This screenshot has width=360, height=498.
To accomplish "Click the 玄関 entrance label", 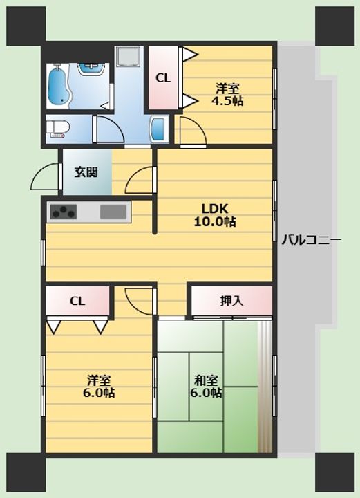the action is tap(86, 172).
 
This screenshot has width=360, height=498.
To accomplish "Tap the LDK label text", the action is tap(215, 209).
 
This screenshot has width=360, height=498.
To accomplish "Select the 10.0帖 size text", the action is tap(215, 222).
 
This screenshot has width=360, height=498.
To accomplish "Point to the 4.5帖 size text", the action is tap(227, 101).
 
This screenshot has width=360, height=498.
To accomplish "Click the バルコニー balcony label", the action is tap(312, 240).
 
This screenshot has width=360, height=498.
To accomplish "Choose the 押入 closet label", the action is tap(231, 301).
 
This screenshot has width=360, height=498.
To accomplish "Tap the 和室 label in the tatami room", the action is tap(206, 380).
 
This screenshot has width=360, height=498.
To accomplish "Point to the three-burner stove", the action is tap(64, 212).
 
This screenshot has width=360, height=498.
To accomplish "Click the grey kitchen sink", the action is tap(113, 212).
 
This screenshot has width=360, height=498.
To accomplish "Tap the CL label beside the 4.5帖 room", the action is tap(163, 78).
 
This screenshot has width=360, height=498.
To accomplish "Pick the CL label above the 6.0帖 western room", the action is tap(77, 301).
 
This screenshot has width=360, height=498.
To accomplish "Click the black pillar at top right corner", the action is tap(334, 26).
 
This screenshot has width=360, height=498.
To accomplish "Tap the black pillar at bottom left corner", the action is tap(26, 472).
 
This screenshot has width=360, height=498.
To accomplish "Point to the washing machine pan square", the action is tap(128, 57).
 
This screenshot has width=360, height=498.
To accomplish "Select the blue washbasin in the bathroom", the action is tap(92, 69).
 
